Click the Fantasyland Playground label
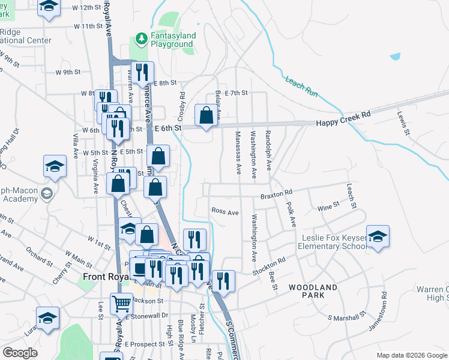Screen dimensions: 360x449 173,40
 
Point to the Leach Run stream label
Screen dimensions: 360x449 301,87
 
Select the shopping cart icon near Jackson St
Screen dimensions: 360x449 122,304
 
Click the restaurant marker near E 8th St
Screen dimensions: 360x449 142,72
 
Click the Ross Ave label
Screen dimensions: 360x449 225,212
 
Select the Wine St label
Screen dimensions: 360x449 328,206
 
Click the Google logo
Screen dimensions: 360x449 20,353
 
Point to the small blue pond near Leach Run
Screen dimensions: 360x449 395,56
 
